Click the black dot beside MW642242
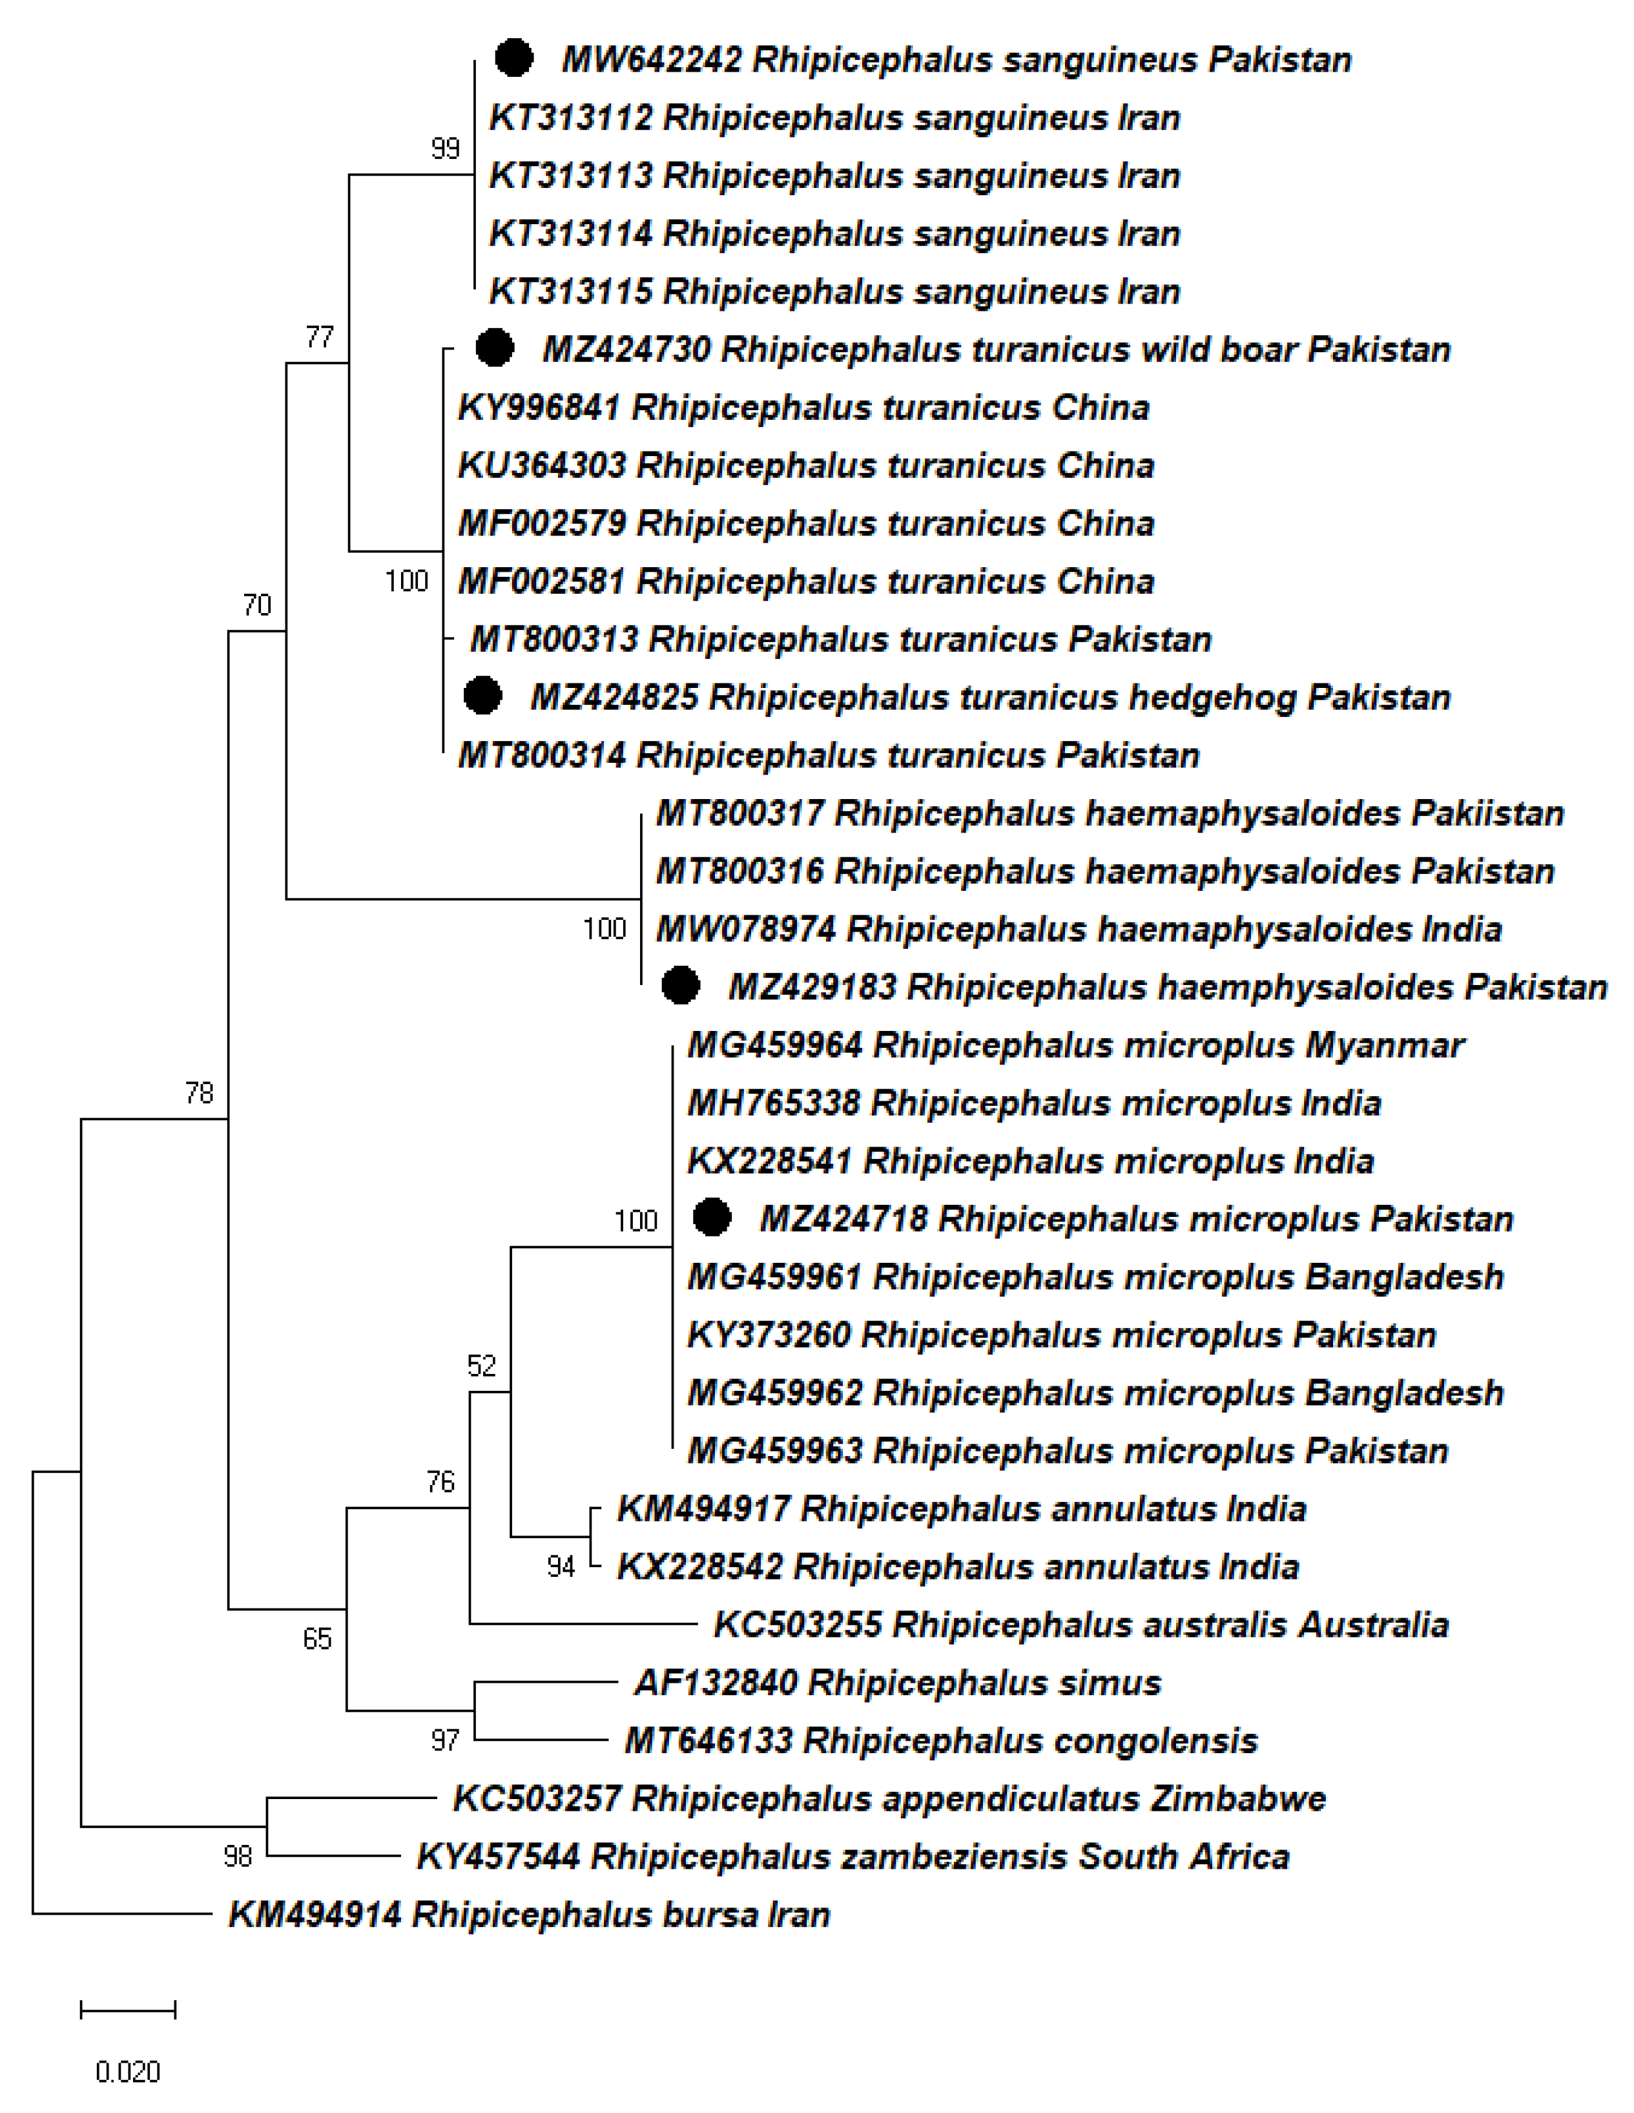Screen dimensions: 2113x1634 (x=513, y=58)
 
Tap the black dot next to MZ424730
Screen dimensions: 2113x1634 (x=494, y=348)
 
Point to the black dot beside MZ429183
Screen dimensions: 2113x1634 (x=680, y=985)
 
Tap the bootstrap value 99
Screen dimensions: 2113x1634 (x=445, y=148)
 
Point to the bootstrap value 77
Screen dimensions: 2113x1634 (x=319, y=337)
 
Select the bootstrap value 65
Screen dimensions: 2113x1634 (x=317, y=1638)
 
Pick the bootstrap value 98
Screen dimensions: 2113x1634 (x=237, y=1856)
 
